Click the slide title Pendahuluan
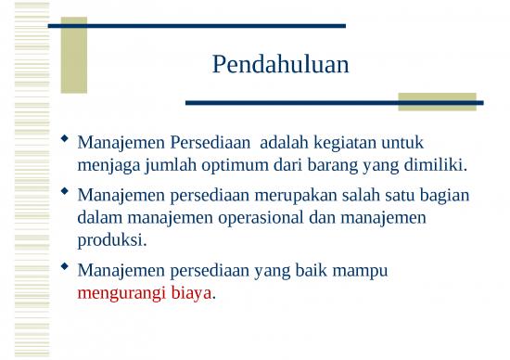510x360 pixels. [x=280, y=66]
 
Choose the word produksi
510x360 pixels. [x=112, y=240]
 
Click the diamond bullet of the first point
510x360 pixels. [x=64, y=140]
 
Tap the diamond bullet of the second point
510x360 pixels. [x=64, y=192]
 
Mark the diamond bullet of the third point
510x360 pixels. [x=64, y=268]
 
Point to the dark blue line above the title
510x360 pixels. [x=196, y=26]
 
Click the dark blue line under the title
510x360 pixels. [x=334, y=102]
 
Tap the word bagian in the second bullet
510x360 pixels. [x=444, y=196]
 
